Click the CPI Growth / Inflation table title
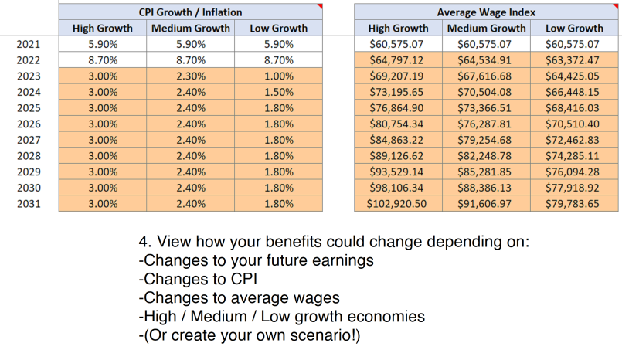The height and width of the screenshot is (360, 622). click(189, 12)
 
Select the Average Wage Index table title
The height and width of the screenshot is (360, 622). click(487, 12)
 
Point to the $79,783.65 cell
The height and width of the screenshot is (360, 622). click(574, 204)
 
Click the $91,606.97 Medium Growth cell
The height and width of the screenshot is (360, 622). click(487, 204)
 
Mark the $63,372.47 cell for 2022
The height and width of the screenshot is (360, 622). click(574, 60)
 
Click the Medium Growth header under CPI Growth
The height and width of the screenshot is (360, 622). click(189, 28)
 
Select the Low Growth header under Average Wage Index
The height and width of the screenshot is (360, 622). click(574, 28)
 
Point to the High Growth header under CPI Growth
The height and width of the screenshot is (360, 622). click(102, 28)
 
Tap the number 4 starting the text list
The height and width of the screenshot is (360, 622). click(143, 243)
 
